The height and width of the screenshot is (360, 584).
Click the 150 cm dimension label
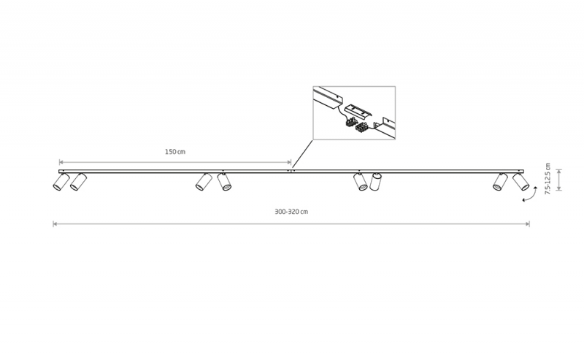[x=175, y=152]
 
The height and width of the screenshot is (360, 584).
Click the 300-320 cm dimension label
[x=291, y=212]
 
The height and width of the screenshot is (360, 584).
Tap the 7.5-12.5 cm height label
[x=547, y=178]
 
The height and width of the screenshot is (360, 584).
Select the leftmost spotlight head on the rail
[x=61, y=182]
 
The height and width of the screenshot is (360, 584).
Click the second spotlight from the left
[x=78, y=182]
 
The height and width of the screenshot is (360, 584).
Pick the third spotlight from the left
[x=204, y=182]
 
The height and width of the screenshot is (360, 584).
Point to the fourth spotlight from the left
[x=224, y=182]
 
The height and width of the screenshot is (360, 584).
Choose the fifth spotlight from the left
[x=360, y=182]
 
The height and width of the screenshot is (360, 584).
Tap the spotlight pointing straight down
[x=376, y=182]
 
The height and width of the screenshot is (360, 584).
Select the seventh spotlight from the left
[x=500, y=182]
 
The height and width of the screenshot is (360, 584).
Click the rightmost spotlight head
[x=520, y=182]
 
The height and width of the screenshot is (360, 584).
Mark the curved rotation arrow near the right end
[x=532, y=194]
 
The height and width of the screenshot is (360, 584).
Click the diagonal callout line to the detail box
[x=302, y=154]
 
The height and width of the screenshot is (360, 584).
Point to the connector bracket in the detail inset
[x=358, y=111]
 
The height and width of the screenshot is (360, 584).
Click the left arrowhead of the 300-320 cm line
[x=55, y=224]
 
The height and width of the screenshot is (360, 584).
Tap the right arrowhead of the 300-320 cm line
[x=528, y=224]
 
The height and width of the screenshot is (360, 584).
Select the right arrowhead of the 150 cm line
[x=289, y=162]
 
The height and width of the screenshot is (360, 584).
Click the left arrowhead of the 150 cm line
[x=61, y=162]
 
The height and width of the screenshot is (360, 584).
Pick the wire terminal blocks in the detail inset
[x=357, y=124]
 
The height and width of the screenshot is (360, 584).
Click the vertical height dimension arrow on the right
[x=558, y=180]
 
